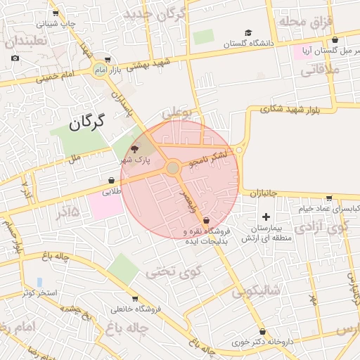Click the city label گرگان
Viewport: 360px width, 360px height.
click(x=86, y=122)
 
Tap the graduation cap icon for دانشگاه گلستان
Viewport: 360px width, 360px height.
click(x=247, y=32)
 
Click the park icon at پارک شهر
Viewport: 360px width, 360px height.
click(x=136, y=148)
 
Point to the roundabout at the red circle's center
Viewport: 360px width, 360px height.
click(x=173, y=167)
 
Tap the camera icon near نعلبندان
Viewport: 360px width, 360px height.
click(x=15, y=58)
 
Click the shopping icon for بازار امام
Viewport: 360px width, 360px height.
click(x=107, y=60)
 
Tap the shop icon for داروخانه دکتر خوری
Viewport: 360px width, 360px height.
click(x=262, y=331)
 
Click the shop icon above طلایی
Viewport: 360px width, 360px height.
click(x=112, y=180)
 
